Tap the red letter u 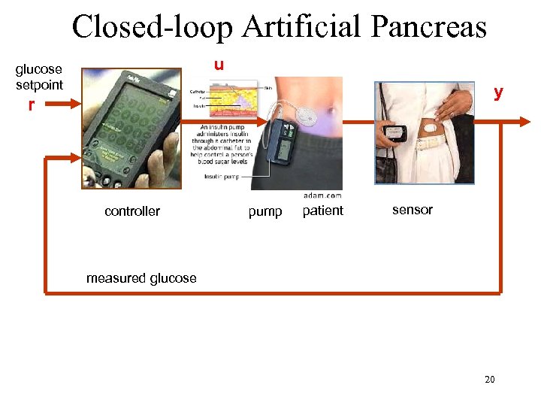coord(218,65)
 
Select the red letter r coord(31,105)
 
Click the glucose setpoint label coord(40,77)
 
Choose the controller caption coord(132,211)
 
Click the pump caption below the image coord(265,212)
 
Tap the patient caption coord(322,211)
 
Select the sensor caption coord(413,210)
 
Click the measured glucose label coord(141,278)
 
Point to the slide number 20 coord(489,380)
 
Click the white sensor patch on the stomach coord(431,129)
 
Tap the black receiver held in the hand coord(396,134)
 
